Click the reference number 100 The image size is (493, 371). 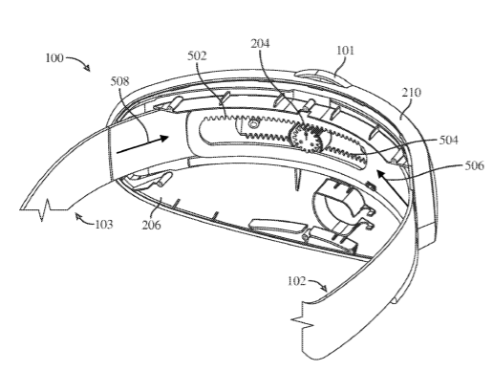(x=54, y=58)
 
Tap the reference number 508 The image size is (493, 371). (x=120, y=81)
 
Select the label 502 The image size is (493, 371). (x=197, y=55)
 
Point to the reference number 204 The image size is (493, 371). (x=260, y=43)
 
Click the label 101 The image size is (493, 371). (x=346, y=51)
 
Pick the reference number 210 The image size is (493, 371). (x=412, y=93)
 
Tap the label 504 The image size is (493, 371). (x=448, y=140)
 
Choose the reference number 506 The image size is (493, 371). (x=475, y=165)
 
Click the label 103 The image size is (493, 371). (x=104, y=225)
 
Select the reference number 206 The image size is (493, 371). (x=151, y=225)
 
